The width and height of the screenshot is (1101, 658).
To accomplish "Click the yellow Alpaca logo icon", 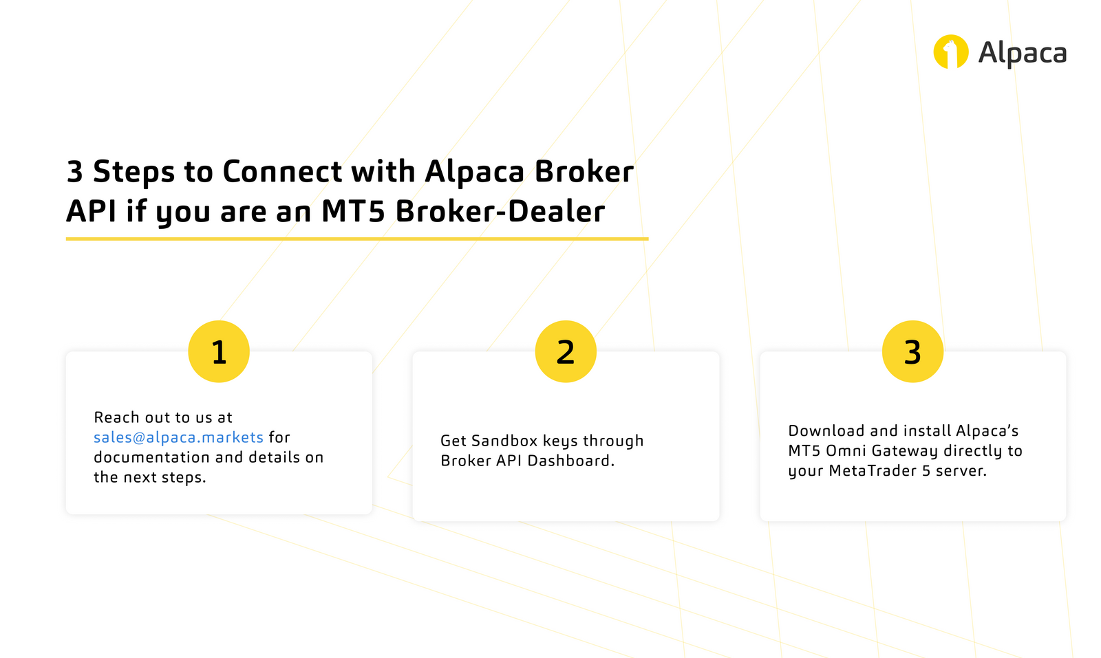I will tap(950, 52).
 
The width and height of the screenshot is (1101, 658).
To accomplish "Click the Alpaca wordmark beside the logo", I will tap(1022, 54).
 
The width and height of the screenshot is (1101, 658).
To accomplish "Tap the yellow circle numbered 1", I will tap(219, 351).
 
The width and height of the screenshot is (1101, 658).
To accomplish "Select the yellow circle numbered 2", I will tap(566, 351).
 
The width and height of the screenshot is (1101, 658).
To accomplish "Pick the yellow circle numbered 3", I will tap(912, 351).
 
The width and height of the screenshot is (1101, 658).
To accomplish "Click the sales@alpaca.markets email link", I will tap(178, 437).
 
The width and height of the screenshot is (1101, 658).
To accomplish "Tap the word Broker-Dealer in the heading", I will tap(500, 212).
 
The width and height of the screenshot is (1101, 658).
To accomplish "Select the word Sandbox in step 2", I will tap(504, 441).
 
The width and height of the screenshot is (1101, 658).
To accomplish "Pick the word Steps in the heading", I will tap(133, 172).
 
